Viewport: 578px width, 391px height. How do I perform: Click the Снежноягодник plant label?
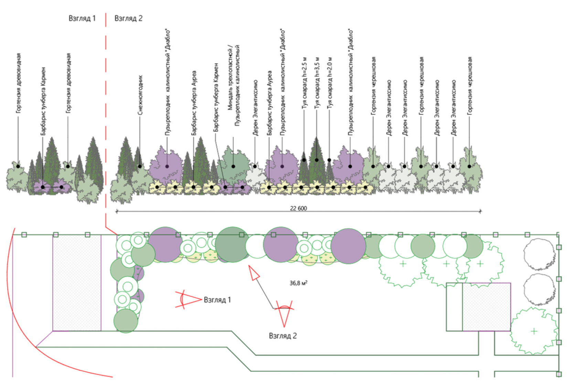click(140, 95)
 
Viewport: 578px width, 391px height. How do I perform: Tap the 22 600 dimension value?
click(298, 208)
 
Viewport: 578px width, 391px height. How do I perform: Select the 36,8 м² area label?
click(298, 283)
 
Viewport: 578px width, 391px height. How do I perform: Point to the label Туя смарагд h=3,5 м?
click(317, 83)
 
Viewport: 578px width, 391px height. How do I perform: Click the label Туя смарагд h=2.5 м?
click(304, 83)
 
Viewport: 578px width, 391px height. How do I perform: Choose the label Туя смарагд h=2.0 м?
click(330, 83)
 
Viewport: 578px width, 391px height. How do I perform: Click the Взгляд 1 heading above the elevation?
click(82, 18)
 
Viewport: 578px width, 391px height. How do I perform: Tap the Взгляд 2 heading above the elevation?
click(128, 18)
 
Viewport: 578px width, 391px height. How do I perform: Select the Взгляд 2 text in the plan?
click(282, 336)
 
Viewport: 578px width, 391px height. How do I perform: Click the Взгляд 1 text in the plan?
click(217, 300)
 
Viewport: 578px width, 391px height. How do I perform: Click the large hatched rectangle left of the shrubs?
click(77, 283)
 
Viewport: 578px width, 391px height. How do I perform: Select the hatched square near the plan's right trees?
click(486, 307)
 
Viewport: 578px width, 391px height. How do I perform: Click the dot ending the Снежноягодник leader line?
click(140, 166)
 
